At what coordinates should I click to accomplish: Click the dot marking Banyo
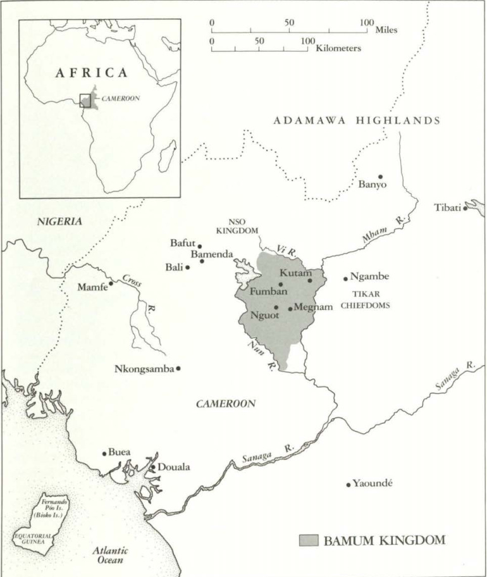[381, 177]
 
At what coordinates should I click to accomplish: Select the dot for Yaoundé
[348, 485]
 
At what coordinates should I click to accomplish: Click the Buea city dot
[104, 453]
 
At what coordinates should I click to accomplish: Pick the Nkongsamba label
[144, 369]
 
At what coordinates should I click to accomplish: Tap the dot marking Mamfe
[111, 283]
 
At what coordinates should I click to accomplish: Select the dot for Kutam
[310, 280]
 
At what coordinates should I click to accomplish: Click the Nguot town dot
[276, 307]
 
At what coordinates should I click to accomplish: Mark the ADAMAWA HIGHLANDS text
[356, 121]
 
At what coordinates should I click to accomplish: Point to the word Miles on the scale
[386, 30]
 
